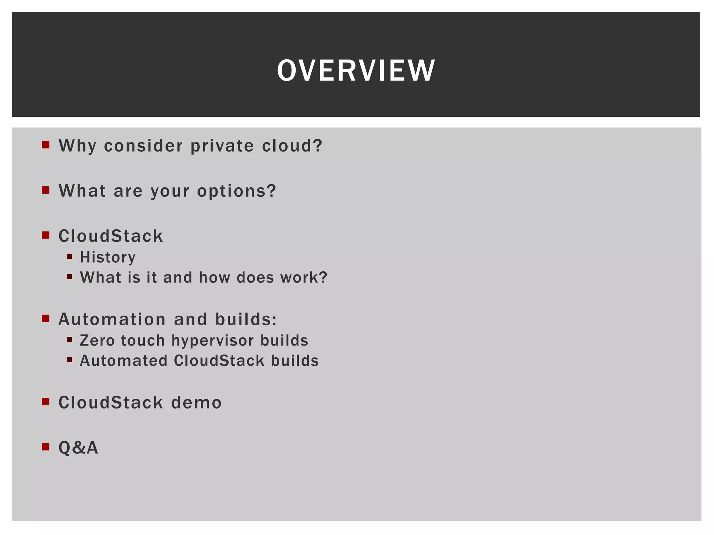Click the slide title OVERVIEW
coord(356,70)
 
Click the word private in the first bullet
coord(222,146)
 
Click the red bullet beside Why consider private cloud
coord(46,145)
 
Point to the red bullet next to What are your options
coord(46,190)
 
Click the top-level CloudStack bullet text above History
coord(111,236)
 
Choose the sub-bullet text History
coord(108,257)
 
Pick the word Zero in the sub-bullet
coord(97,341)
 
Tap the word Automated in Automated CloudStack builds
coord(124,361)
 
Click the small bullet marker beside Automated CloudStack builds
coord(69,360)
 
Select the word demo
coord(196,403)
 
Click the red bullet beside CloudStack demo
coord(46,402)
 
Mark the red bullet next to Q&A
coord(46,447)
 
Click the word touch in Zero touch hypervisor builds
coord(143,341)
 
